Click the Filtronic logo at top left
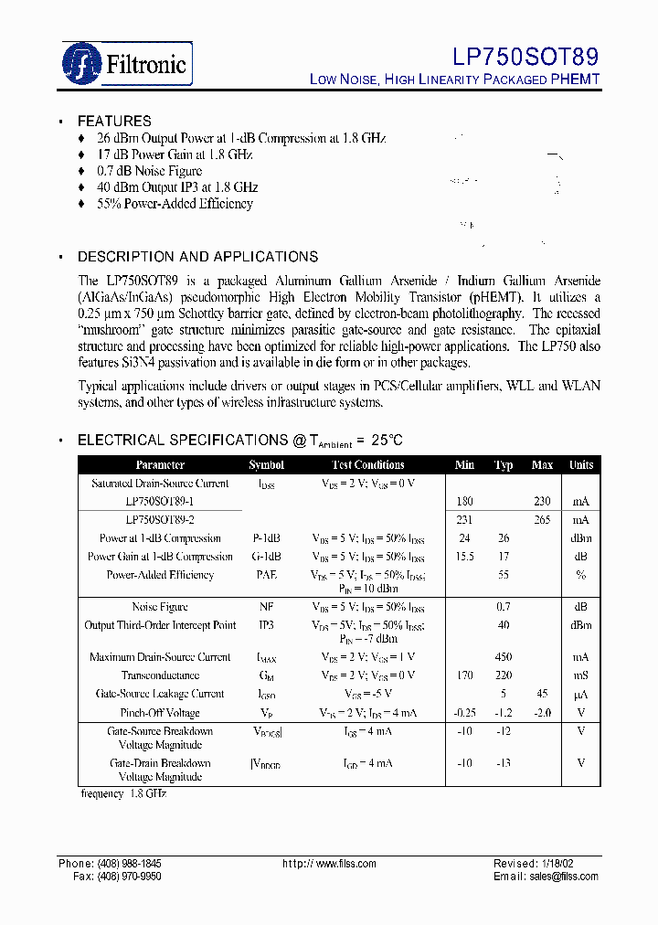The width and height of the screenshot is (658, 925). coord(126,63)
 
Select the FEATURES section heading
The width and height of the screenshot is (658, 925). coord(114,121)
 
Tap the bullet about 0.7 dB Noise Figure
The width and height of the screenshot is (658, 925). coord(149,171)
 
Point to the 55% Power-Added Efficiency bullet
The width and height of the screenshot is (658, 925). coord(175,204)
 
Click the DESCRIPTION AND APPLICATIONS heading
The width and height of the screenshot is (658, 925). coord(197,257)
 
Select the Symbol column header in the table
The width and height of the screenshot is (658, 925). coord(266,465)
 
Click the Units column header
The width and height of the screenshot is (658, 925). coord(581,465)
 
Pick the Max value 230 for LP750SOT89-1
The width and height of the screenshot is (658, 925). coord(542,501)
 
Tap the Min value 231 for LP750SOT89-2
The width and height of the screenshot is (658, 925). coord(464,519)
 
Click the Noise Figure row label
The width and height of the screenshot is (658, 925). coord(160,607)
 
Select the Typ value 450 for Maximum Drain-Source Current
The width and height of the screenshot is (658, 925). coord(504,657)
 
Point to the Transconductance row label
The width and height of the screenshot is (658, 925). coord(160,675)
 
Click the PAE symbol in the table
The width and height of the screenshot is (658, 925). coord(266,575)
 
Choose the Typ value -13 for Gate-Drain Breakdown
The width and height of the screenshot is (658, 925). coord(504,763)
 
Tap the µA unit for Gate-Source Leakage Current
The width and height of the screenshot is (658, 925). coord(581,695)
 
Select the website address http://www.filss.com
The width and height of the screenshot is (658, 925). coord(329,864)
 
